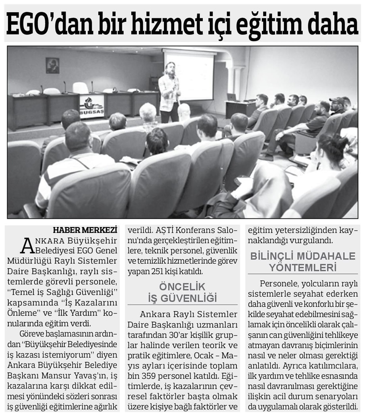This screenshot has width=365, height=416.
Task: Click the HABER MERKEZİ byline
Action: pos(85,230)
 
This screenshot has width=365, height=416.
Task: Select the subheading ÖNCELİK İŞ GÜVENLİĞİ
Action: pos(182,292)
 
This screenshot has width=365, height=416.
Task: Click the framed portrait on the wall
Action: pos(52,66)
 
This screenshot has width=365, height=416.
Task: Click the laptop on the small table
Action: pos(231,97)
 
